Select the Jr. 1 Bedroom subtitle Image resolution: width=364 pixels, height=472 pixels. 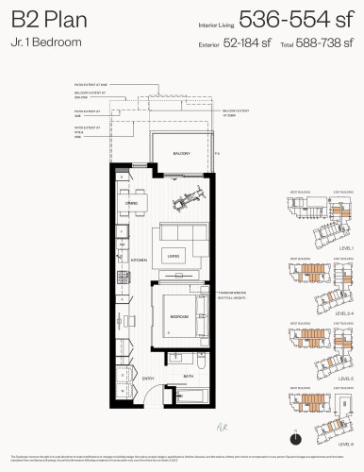click(x=41, y=43)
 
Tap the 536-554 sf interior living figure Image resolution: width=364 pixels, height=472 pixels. click(x=293, y=19)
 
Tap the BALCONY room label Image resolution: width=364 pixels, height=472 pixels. click(x=182, y=153)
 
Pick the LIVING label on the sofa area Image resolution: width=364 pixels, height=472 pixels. click(x=174, y=254)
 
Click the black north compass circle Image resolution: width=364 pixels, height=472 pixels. click(x=297, y=437)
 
